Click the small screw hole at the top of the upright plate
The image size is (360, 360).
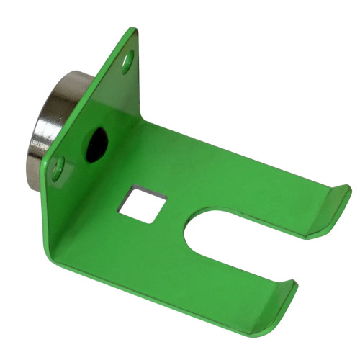(x=127, y=61)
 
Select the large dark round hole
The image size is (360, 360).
(x=96, y=145)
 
